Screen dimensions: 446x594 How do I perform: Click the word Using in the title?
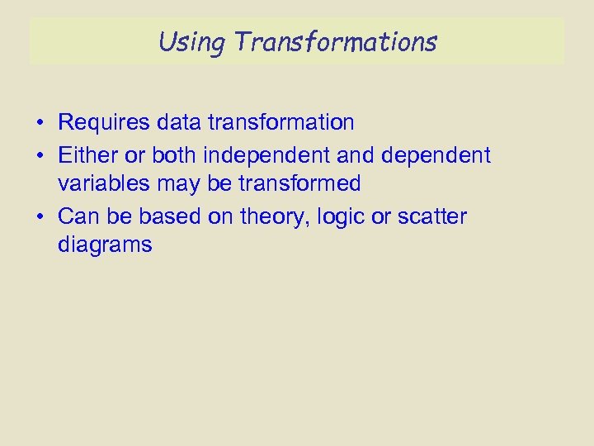[189, 40]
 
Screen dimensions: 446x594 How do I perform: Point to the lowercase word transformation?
[281, 123]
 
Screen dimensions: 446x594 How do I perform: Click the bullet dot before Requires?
[40, 124]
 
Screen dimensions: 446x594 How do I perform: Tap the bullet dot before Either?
[40, 155]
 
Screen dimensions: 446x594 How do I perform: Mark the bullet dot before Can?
[40, 217]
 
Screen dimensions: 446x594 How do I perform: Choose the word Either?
[88, 154]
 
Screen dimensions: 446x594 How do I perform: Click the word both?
[172, 154]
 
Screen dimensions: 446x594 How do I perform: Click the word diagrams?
[105, 245]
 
